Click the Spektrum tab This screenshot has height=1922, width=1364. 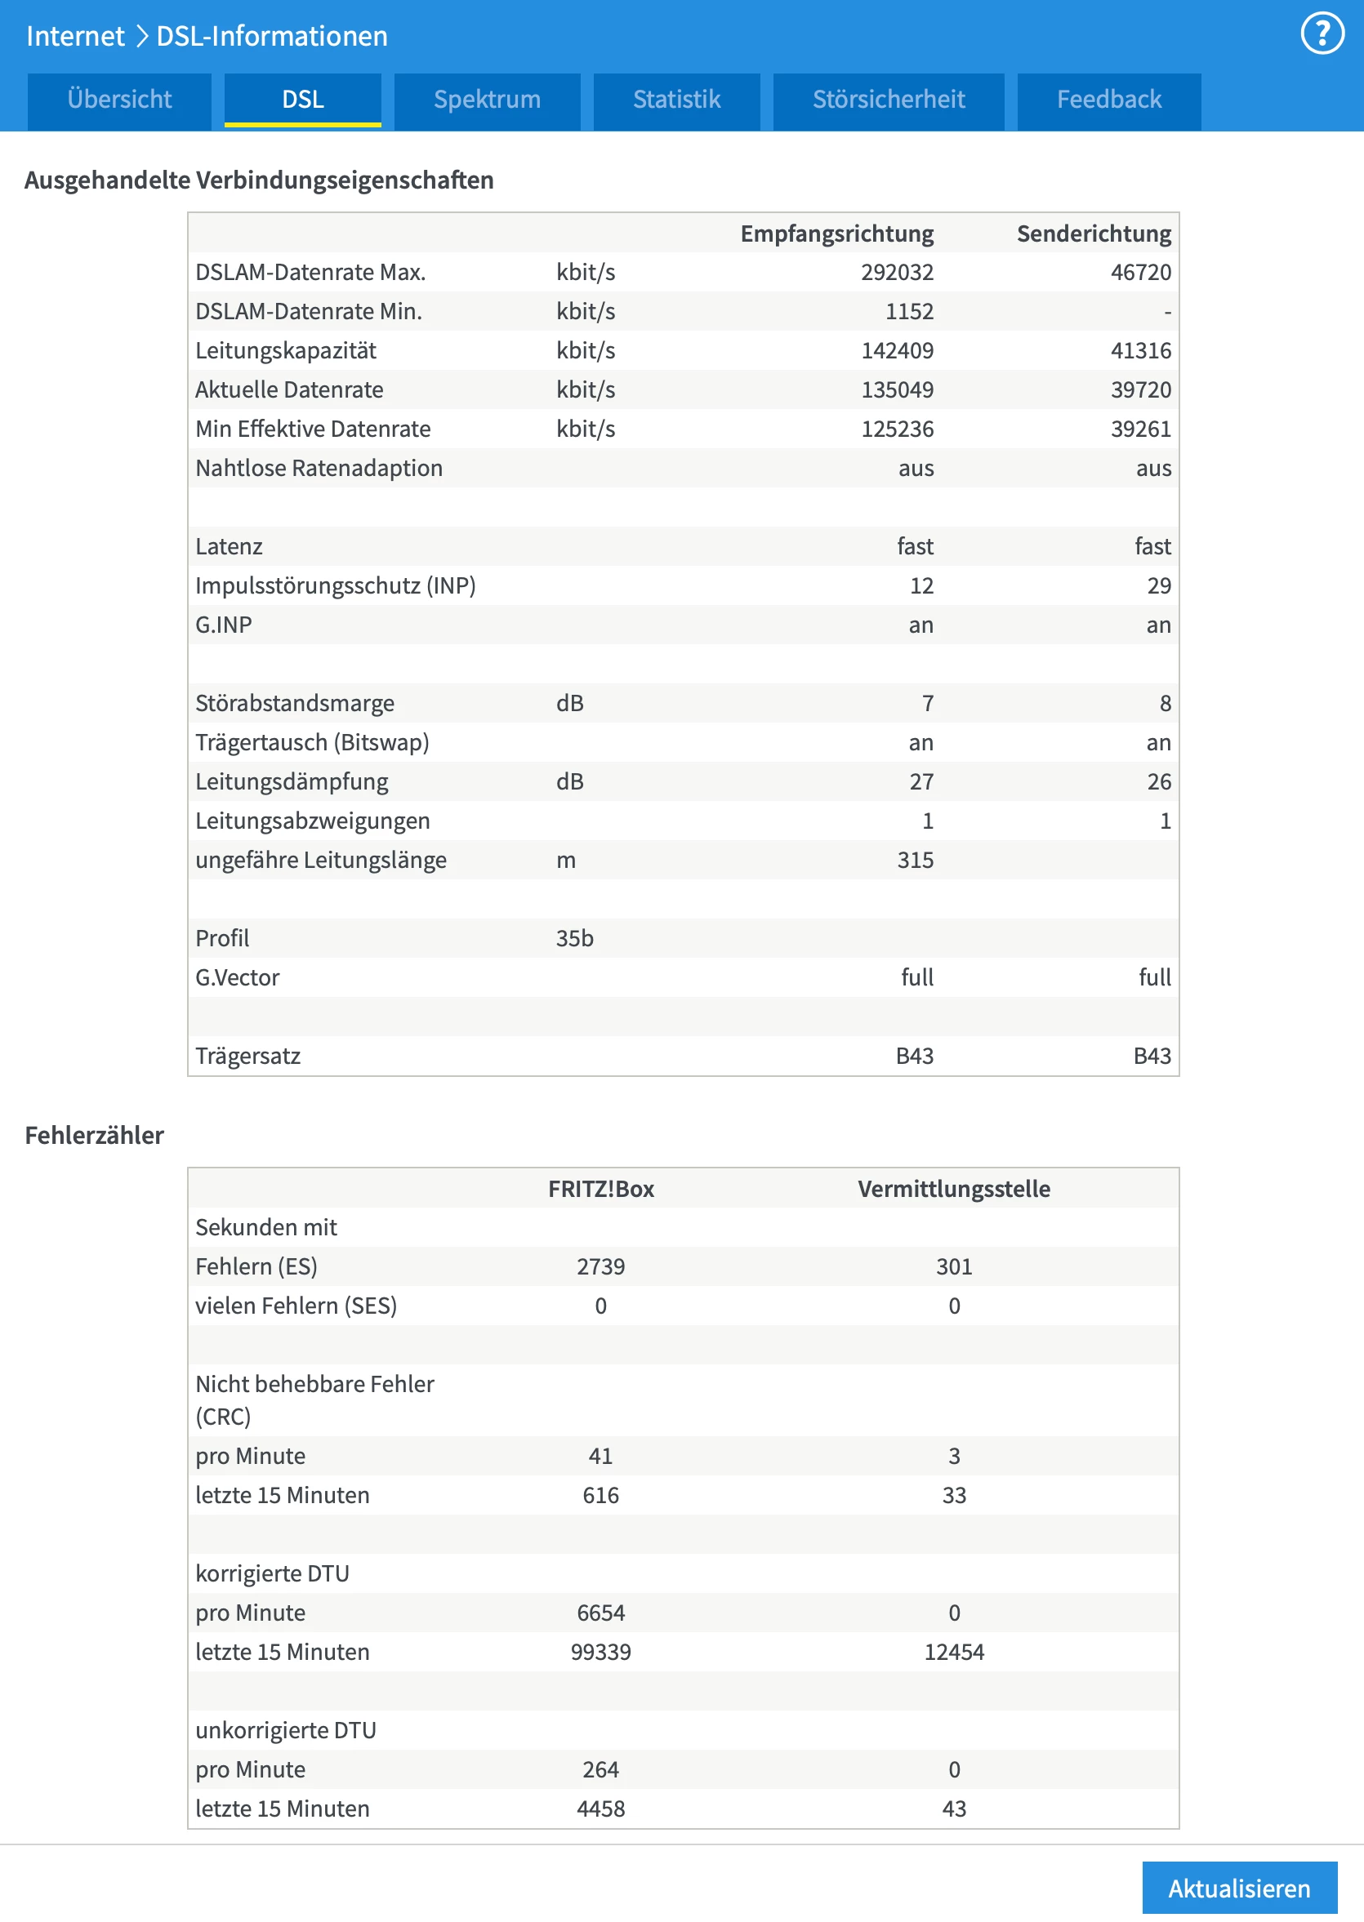coord(486,100)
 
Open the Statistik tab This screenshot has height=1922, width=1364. coord(676,100)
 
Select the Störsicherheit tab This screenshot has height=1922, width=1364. coord(888,100)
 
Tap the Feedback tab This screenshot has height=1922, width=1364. coord(1108,100)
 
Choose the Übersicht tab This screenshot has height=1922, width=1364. coord(119,100)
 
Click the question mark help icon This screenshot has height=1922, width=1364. coord(1322,33)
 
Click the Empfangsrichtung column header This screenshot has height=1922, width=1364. coord(836,234)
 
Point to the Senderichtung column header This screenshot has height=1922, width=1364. coord(1093,234)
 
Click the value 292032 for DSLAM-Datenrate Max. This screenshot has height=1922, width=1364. coord(896,272)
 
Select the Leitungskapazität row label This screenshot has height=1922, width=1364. coord(286,350)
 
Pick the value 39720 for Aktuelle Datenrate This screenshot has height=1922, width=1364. coord(1139,389)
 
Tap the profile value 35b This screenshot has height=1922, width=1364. coord(574,938)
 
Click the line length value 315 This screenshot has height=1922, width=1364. coord(915,860)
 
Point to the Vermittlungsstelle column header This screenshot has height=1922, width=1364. coord(953,1188)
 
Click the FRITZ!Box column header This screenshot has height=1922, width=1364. coord(600,1188)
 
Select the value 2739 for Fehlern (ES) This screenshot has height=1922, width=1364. coord(600,1266)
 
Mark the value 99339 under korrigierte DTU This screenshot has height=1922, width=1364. coord(600,1652)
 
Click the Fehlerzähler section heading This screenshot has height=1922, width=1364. coord(94,1135)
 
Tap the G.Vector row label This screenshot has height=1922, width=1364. coord(237,977)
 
